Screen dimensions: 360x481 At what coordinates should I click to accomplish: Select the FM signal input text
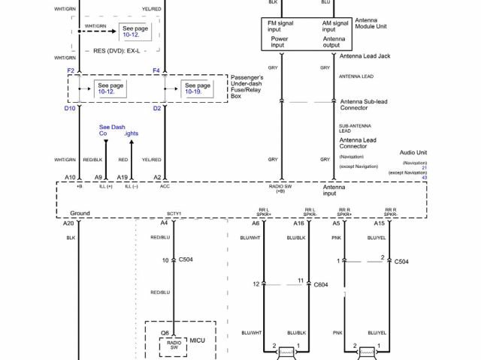point(280,26)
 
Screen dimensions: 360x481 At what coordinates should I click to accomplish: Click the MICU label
point(197,340)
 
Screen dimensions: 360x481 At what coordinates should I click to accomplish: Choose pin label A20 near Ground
point(68,223)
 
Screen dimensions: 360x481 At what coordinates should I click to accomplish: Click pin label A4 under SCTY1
point(164,223)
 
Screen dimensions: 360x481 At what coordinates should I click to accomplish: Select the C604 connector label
point(321,285)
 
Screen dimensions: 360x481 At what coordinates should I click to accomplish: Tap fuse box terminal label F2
point(71,70)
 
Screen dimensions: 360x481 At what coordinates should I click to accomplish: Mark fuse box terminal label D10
point(69,109)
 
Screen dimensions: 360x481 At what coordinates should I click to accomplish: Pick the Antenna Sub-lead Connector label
point(365,106)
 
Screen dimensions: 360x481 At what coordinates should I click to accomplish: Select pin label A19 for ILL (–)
point(122,177)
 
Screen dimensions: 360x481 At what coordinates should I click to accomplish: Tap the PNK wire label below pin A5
point(336,237)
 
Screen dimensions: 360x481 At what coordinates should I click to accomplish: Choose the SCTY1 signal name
point(174,214)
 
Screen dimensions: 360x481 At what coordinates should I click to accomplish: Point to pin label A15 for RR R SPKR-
point(380,223)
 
